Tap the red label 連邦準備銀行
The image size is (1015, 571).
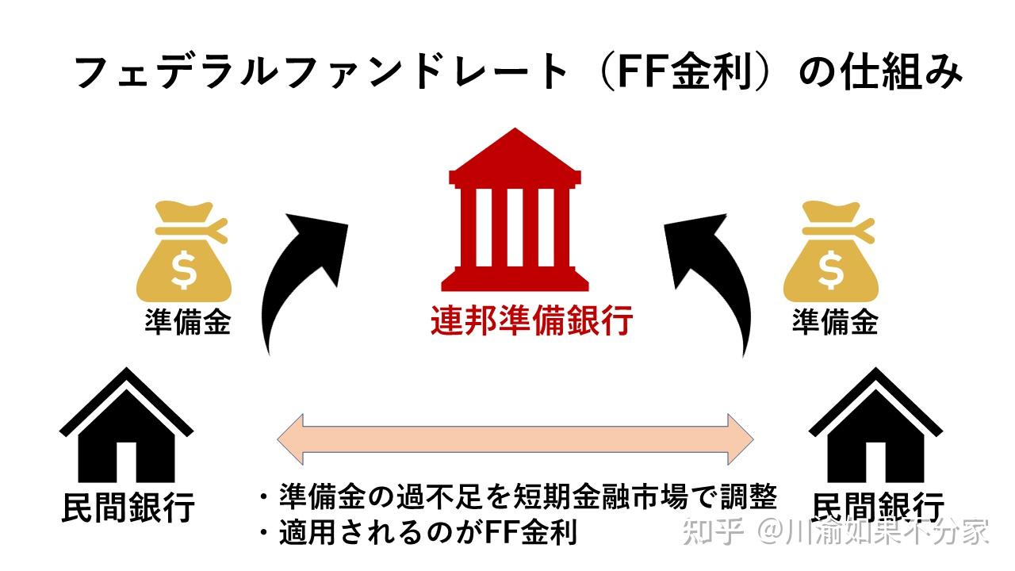pos(531,322)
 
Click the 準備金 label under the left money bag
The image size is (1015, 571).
pos(187,322)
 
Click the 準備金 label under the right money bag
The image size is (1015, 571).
pos(835,322)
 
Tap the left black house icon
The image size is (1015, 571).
pos(126,428)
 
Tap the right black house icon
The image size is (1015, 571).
pos(875,428)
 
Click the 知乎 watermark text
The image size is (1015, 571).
pos(713,530)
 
